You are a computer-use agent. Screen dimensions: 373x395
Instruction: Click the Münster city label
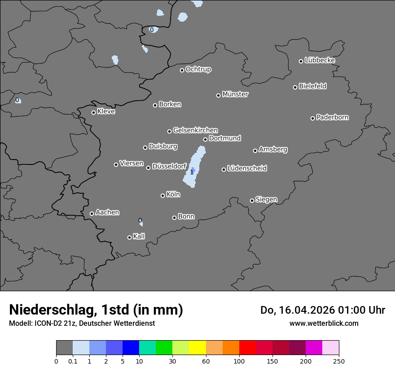click(235, 94)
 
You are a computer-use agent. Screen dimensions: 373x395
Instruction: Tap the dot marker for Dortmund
click(205, 139)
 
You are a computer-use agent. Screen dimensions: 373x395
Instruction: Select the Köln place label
click(173, 195)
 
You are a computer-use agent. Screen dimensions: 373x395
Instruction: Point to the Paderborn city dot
click(313, 118)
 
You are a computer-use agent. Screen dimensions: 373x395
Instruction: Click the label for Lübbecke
click(320, 60)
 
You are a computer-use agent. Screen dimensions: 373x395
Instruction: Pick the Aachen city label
click(107, 213)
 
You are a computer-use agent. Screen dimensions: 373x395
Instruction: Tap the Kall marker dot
click(129, 237)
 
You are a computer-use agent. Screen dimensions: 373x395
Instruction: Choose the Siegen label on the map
click(266, 200)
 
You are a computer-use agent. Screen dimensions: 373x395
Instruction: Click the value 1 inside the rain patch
click(192, 172)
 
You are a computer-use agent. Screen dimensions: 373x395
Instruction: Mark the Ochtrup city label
click(198, 69)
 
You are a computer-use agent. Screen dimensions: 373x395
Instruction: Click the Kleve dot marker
click(93, 112)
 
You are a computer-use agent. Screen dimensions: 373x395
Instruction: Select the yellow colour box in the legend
click(197, 348)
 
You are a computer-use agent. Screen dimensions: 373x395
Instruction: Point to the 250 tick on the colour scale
click(339, 361)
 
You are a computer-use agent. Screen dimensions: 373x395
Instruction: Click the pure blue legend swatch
click(131, 348)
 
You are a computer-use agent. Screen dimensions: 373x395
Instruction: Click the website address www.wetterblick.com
click(324, 323)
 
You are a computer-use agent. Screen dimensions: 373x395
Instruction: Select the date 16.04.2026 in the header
click(303, 310)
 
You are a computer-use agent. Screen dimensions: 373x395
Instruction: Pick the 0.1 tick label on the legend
click(73, 361)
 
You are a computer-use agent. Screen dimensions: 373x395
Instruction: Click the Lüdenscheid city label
click(247, 169)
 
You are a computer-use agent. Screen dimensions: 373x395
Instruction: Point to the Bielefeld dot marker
click(295, 87)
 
